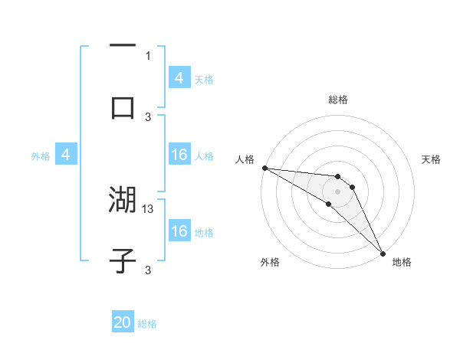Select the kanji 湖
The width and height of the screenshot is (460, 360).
pos(123,201)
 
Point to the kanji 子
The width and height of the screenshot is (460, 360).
pos(123,260)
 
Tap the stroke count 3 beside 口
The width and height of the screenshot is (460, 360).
pos(148,116)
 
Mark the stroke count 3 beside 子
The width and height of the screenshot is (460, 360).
pos(148,270)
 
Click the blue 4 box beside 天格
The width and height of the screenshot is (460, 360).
pos(179,78)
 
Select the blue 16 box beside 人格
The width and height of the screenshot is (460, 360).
pos(179,155)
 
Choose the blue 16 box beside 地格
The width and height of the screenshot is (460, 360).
pos(179,231)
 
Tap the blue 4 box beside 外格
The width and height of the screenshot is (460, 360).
pos(66,155)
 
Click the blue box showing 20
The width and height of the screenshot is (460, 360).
pos(123,323)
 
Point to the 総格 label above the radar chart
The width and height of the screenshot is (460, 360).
pos(338,100)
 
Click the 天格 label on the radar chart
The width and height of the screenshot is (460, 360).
pos(431,159)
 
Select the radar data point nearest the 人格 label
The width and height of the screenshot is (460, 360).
pos(264,168)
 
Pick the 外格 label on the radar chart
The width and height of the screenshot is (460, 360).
pos(270,263)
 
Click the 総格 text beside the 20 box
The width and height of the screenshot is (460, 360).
pos(147,324)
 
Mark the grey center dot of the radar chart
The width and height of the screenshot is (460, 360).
pos(338,191)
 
